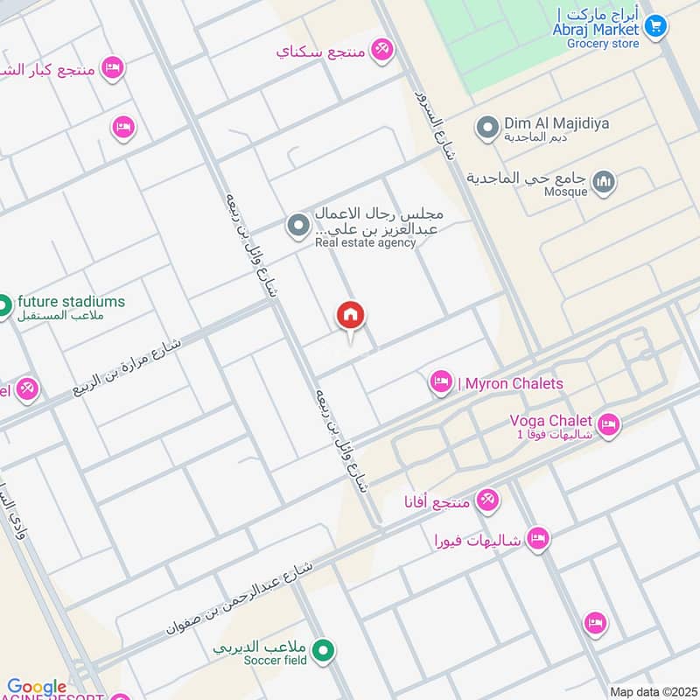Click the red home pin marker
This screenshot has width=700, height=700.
351,316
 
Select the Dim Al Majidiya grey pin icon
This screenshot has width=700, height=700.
487,129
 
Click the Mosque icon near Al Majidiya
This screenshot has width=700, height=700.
603,182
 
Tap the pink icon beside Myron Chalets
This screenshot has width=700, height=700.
440,381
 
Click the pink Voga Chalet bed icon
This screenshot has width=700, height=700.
608,425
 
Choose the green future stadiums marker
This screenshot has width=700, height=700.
3,306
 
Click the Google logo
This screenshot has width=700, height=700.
37,688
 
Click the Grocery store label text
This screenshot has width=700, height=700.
603,43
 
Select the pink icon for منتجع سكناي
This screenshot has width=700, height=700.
381,49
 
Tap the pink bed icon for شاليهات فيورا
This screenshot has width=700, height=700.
538,538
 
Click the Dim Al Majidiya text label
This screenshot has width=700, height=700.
556,123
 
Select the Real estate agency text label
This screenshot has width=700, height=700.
366,243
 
